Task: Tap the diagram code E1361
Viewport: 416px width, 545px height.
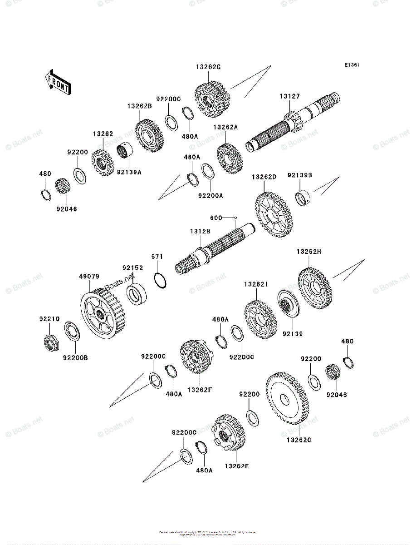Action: tap(352, 65)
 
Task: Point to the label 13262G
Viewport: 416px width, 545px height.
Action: tap(208, 67)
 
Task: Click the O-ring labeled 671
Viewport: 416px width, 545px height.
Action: tap(160, 280)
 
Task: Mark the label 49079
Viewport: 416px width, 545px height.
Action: tap(89, 276)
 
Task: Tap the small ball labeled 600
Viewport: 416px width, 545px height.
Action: tap(236, 218)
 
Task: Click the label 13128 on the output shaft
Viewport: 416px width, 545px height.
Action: tap(200, 232)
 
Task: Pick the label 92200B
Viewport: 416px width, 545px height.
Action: tap(75, 357)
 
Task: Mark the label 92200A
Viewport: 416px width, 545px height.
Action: tap(210, 196)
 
